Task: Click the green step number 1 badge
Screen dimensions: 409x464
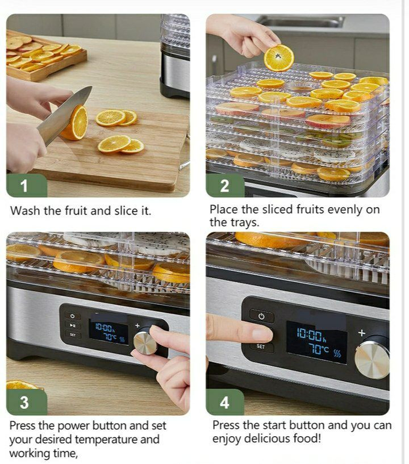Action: coord(27,186)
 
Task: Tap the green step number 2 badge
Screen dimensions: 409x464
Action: coord(225,186)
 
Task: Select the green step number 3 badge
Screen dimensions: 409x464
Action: coord(27,402)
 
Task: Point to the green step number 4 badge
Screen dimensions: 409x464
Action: coord(225,402)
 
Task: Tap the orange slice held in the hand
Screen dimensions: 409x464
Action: coord(279,58)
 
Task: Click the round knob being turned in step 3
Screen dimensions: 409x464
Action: coord(145,343)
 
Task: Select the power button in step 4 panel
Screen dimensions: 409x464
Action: coord(262,316)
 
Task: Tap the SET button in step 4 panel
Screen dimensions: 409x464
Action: coord(261,346)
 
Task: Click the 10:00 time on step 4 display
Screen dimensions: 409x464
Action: coord(310,335)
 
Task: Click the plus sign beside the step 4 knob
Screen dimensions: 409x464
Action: coord(361,333)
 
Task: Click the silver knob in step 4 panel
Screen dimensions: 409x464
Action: coord(372,360)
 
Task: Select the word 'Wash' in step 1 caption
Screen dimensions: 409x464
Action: coord(25,211)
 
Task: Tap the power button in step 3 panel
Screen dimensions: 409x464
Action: coord(73,316)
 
